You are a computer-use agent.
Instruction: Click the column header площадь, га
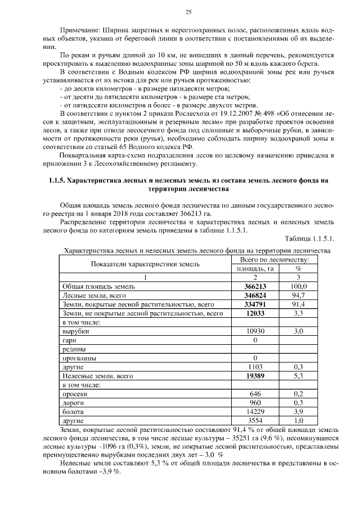[254, 268]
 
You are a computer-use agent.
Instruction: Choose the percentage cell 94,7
[298, 295]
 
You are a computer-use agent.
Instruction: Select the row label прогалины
[79, 358]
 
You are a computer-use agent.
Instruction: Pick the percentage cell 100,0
[298, 286]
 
